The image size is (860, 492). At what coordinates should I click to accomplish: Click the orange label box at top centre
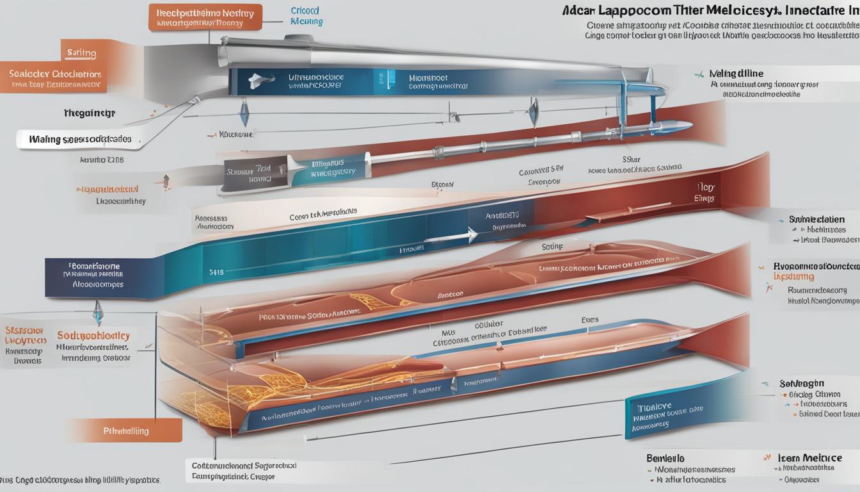[x=205, y=17]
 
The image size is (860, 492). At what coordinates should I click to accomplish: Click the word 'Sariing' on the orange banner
[x=81, y=53]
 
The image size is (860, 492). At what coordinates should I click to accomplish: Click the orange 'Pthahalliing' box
[x=125, y=430]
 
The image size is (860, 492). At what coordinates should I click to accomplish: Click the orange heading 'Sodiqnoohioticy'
[x=93, y=335]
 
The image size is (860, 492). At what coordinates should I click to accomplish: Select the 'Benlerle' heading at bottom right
[x=665, y=458]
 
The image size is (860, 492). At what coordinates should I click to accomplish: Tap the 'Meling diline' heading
[x=735, y=74]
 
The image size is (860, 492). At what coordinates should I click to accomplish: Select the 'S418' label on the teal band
[x=216, y=272]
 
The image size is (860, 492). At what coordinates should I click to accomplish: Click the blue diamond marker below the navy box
[x=97, y=313]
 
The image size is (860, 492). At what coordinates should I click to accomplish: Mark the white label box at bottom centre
[x=244, y=471]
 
